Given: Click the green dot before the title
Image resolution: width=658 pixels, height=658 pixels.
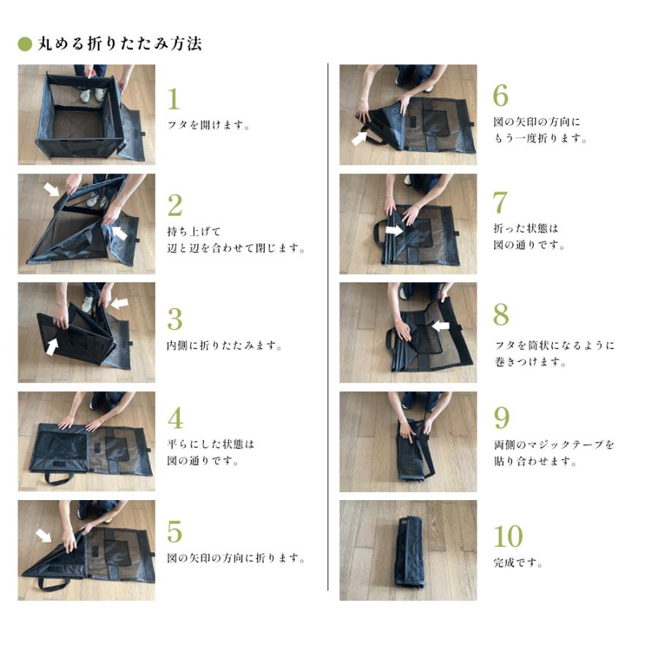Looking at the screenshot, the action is coord(25,44).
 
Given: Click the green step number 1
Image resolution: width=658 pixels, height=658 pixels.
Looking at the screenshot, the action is coord(174,99).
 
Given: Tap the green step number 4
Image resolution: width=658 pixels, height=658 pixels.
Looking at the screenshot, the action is coord(175,418).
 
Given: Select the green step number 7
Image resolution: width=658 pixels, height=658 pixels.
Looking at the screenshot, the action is coord(500,203).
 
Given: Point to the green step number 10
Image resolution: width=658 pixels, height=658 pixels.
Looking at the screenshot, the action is coord(508,537).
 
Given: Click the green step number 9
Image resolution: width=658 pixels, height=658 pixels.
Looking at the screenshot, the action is coord(502,417).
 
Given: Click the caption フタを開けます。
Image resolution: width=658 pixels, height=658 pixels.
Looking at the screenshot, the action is coord(208,124).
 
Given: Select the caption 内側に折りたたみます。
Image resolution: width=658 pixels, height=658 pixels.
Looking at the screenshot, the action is coord(224,345).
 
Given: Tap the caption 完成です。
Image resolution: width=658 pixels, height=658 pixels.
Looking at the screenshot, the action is coord(518,562).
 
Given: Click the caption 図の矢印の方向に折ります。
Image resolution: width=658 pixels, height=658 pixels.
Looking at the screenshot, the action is coord(236,558).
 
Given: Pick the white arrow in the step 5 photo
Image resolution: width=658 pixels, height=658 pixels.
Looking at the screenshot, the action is coord(44,535).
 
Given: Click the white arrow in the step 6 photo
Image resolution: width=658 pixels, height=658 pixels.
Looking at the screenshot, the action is coord(359,138).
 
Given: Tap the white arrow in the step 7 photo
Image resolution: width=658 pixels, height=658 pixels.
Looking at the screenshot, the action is coord(394,230).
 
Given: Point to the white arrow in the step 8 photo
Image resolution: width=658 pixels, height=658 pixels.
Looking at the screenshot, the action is coord(441,325).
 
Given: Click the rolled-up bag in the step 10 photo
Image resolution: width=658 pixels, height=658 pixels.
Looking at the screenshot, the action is coord(410,553).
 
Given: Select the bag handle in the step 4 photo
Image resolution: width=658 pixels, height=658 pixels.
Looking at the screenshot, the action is coord(58,478).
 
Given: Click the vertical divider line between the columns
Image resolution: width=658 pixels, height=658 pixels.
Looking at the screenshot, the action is coord(328,327).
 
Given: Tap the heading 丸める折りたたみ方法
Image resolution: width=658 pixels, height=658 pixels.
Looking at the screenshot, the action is coord(120,44).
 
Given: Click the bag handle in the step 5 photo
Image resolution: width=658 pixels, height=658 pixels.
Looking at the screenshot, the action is coord(53,584).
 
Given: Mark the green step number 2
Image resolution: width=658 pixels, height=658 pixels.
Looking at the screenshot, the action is coord(175,205).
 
